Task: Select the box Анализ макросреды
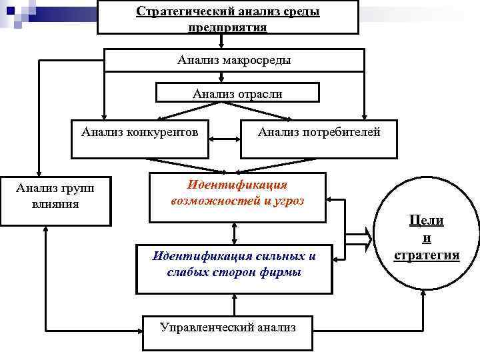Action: [234, 61]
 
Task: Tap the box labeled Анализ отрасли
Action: [237, 94]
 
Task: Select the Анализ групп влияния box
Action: [55, 196]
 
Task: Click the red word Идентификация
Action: [237, 185]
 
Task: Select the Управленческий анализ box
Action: [227, 327]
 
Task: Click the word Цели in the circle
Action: [427, 221]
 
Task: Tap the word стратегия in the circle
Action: [427, 255]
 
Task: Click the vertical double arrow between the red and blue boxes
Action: [234, 233]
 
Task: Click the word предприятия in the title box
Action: [227, 28]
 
